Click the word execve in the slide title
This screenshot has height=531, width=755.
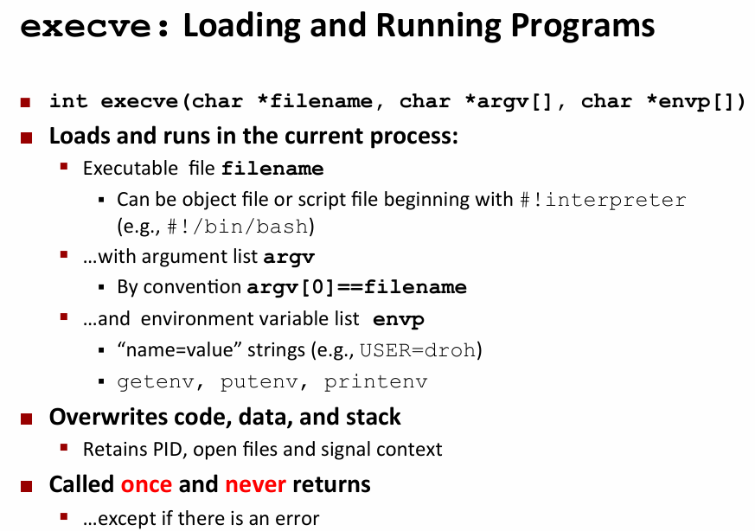[x=86, y=27]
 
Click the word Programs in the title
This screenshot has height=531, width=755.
[x=583, y=26]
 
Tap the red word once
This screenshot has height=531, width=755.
[x=146, y=484]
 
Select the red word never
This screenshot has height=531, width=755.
[x=256, y=484]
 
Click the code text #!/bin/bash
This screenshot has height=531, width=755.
[x=237, y=227]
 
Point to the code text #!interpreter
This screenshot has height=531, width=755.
[x=604, y=199]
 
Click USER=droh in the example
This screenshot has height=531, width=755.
[x=418, y=350]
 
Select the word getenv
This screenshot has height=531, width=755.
[x=156, y=381]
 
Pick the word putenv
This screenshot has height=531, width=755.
[x=259, y=381]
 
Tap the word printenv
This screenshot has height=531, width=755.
[x=375, y=381]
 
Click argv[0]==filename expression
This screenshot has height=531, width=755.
[x=357, y=287]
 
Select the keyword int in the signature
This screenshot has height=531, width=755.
[x=68, y=101]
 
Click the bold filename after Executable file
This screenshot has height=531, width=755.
[x=272, y=169]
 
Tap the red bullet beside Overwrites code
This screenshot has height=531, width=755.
[x=27, y=419]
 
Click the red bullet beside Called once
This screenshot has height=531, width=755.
[x=27, y=486]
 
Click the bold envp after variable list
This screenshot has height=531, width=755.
[x=399, y=320]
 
